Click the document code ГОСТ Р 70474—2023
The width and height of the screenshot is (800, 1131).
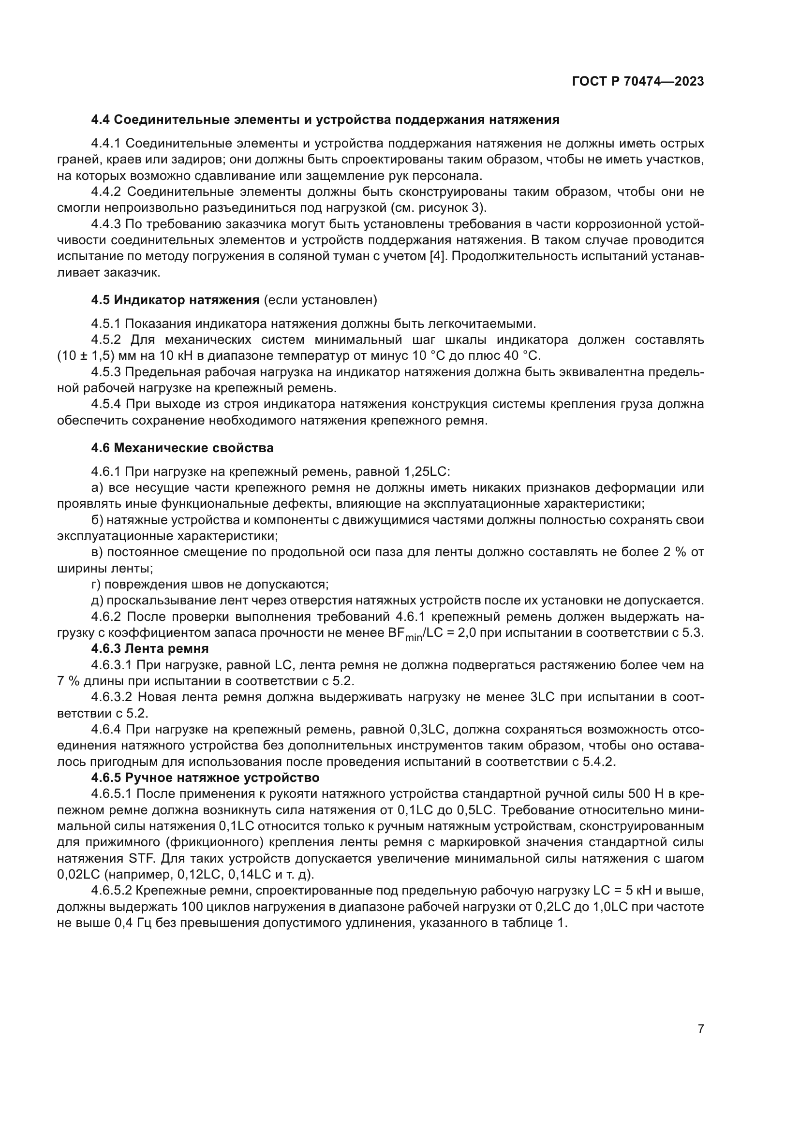point(638,82)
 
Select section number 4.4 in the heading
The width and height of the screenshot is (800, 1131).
point(101,120)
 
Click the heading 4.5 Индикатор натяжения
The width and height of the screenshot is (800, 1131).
point(176,300)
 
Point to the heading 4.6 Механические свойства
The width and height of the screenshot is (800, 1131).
point(182,448)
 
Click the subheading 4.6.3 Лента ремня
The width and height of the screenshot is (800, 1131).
point(150,648)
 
